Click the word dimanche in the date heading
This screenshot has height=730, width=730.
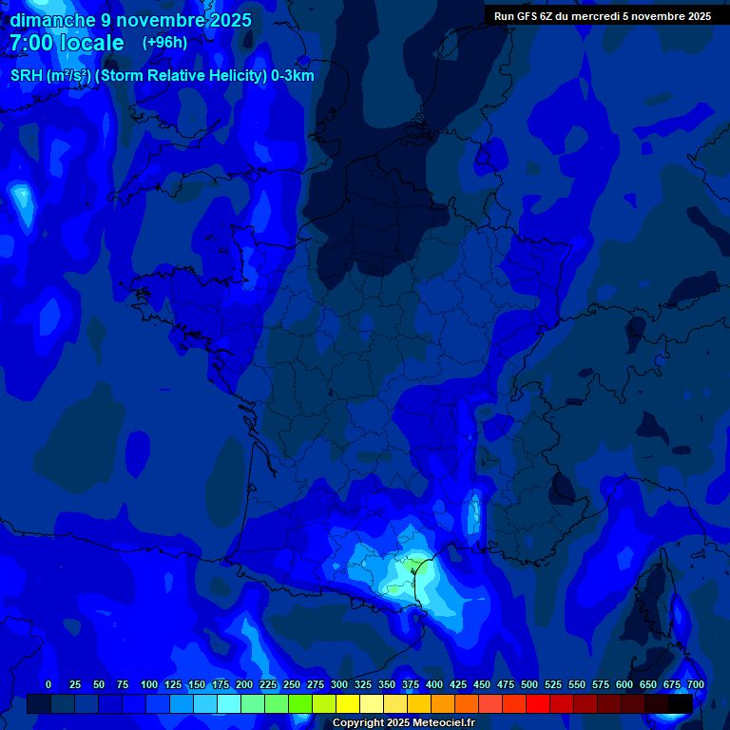tap(52, 20)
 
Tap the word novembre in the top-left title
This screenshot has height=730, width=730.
tap(154, 20)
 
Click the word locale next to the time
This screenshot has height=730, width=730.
tap(91, 43)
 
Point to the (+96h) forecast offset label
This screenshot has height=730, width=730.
tap(164, 43)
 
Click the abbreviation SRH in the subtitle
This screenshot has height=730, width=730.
tap(27, 76)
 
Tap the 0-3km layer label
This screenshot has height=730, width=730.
tap(293, 76)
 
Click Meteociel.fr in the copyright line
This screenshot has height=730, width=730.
tap(444, 723)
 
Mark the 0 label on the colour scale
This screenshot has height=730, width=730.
tap(48, 684)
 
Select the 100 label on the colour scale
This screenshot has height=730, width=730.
tap(149, 684)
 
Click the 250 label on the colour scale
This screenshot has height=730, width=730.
tap(292, 684)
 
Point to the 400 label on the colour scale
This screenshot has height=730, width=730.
tap(434, 684)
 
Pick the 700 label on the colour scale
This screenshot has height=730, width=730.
tap(696, 684)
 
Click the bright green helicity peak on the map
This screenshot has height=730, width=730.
tap(412, 564)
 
